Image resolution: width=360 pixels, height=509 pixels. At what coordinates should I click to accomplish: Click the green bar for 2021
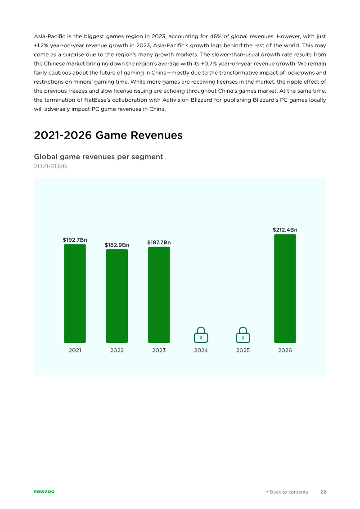point(75,293)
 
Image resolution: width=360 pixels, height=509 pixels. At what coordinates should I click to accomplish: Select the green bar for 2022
point(117,296)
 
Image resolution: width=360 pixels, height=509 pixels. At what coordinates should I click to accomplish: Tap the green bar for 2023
point(159,295)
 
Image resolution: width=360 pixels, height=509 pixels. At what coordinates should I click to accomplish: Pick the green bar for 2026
point(285,288)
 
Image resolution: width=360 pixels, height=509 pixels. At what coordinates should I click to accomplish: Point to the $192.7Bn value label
point(75,240)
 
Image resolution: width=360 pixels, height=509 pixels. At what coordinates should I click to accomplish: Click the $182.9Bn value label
point(117,245)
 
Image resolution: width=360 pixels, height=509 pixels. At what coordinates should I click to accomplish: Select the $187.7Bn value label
point(159,243)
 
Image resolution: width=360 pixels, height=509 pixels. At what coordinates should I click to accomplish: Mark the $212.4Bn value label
point(285,230)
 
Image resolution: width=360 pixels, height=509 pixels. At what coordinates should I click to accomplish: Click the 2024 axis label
point(201,350)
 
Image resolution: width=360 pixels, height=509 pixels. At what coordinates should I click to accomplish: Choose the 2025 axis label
point(243,350)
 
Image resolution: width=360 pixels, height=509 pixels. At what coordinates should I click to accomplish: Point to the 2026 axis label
point(285,350)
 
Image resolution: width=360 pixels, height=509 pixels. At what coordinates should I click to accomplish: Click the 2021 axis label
point(75,350)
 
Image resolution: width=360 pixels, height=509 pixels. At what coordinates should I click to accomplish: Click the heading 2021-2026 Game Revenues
point(108,135)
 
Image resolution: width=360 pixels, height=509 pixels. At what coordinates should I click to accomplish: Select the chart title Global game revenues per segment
point(99,157)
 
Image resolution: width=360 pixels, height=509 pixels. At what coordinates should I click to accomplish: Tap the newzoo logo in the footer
point(44,491)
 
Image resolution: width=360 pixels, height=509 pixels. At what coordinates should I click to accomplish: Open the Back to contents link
point(287,492)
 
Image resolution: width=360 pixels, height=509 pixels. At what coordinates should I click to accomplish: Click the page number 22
point(323,492)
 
